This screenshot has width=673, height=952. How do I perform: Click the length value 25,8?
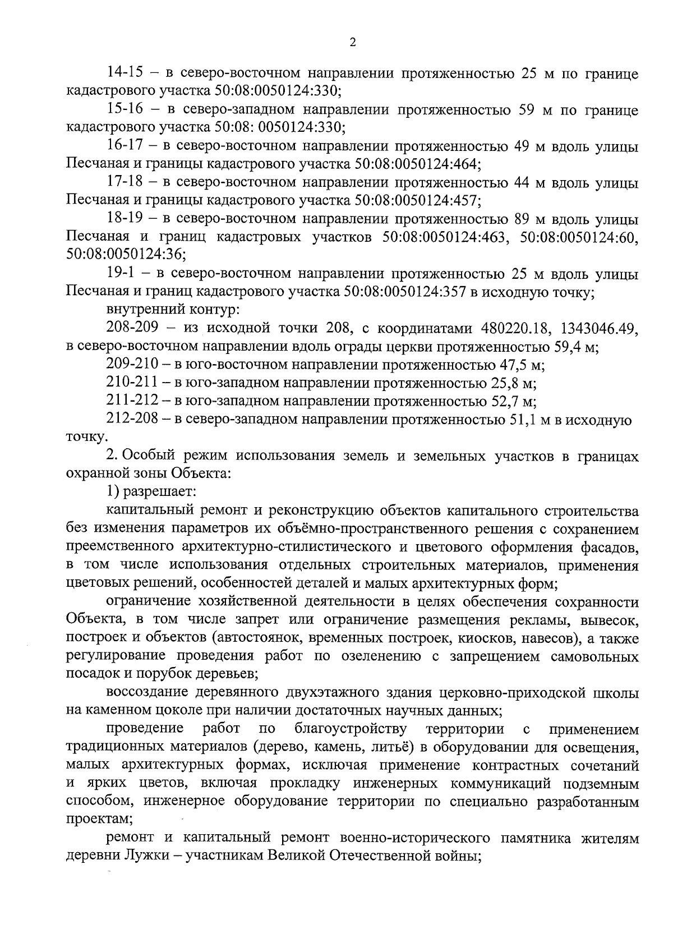click(503, 384)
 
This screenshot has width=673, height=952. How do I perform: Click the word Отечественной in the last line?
click(380, 857)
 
